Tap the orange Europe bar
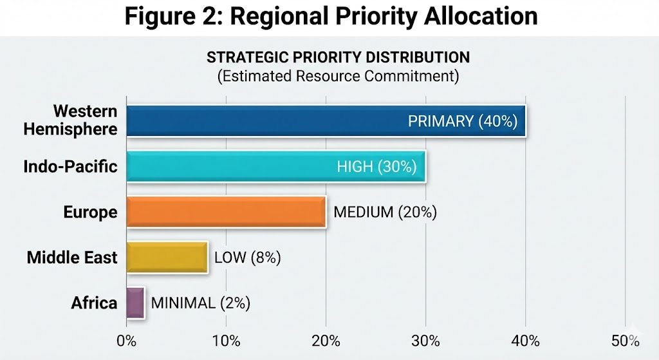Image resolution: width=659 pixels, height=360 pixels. [226, 212]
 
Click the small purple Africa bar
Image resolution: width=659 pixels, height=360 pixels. [135, 303]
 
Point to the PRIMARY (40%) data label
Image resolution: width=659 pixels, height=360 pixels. [463, 121]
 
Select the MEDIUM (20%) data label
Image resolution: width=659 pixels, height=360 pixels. [385, 212]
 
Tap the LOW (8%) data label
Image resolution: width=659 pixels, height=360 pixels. [248, 258]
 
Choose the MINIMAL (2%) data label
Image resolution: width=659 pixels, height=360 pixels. [200, 303]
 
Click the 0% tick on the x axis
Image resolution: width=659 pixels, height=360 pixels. [127, 341]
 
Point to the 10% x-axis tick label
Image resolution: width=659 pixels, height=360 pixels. [226, 341]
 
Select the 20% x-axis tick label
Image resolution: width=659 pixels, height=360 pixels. [326, 341]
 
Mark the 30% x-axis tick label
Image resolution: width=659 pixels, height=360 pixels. [425, 341]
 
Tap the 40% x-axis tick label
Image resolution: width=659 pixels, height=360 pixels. [525, 341]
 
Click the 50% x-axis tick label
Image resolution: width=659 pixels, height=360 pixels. [624, 341]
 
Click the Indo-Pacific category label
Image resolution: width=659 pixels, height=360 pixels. [70, 167]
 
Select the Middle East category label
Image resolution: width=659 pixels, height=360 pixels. [72, 258]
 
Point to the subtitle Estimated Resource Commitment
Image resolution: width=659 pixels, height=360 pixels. [338, 76]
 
